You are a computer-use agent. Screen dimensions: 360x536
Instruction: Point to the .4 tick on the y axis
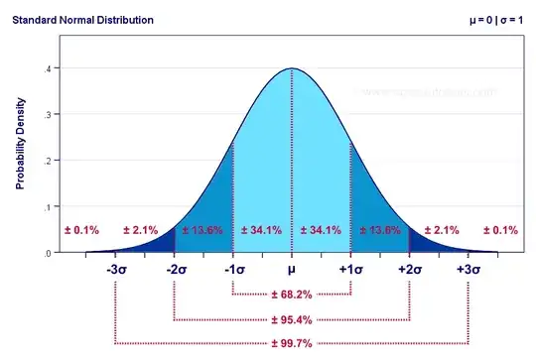coord(48,68)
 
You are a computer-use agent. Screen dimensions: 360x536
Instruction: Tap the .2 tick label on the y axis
coord(48,161)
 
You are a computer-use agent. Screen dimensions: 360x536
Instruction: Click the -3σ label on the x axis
coord(116,270)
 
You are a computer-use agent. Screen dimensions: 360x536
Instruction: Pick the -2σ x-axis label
coord(175,270)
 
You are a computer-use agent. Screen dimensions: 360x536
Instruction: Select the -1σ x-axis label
coord(233,270)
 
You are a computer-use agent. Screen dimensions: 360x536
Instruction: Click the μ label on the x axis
coord(292,270)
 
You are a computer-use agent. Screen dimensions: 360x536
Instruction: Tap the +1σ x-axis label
coord(350,270)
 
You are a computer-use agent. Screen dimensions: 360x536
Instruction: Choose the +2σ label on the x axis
coord(409,270)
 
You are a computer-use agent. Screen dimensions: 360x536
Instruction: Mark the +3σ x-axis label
coord(468,270)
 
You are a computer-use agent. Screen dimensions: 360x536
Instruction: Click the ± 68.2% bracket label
coord(292,295)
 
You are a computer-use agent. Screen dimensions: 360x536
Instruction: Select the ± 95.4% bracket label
coord(292,319)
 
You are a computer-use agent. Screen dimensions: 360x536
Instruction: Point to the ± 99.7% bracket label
coord(292,343)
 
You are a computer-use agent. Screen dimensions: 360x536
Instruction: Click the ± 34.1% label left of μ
coord(262,230)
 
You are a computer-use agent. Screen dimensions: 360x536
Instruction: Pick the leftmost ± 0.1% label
coord(81,230)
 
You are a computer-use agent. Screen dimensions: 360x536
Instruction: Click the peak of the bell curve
coord(292,68)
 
